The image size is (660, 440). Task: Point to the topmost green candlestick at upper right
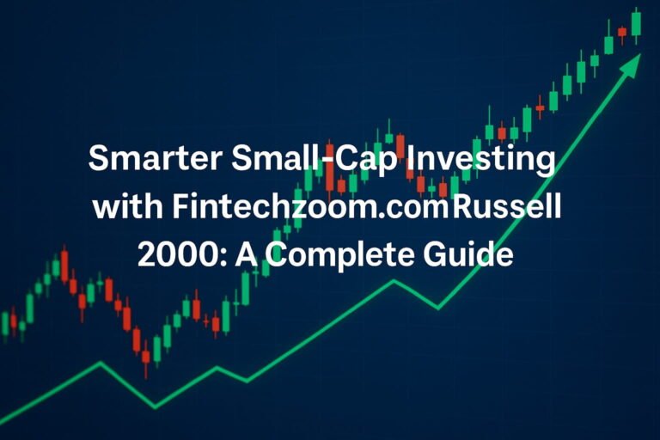636,22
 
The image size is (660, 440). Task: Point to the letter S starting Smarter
100,161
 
